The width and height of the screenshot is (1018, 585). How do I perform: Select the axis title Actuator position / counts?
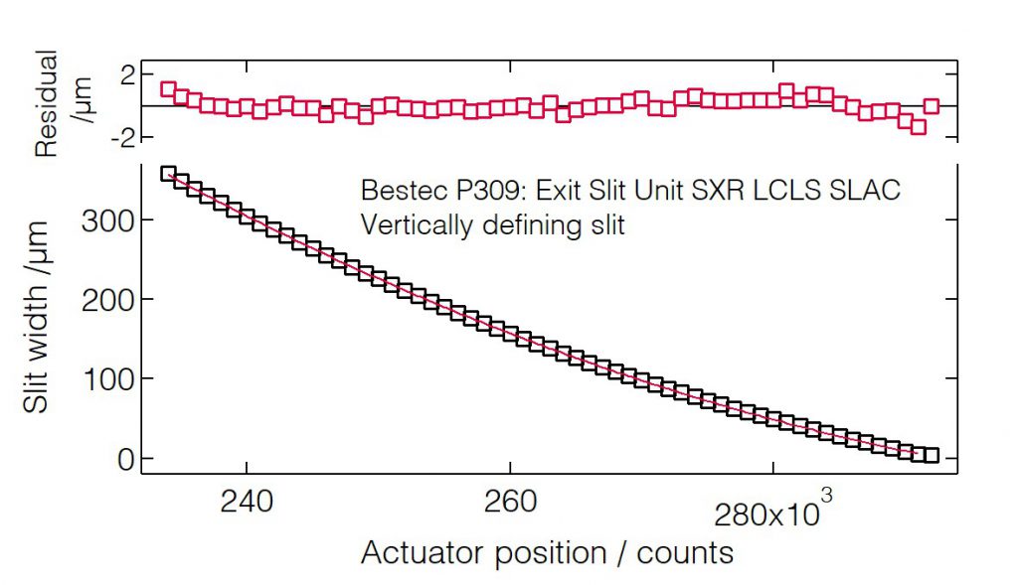(547, 553)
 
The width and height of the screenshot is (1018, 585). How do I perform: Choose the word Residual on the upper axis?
(47, 103)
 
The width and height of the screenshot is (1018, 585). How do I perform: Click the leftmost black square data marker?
(168, 174)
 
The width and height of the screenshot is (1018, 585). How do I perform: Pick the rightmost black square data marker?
(932, 455)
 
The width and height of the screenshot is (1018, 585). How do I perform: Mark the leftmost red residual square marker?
(168, 89)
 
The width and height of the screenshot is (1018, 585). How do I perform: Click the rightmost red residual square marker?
(932, 105)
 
